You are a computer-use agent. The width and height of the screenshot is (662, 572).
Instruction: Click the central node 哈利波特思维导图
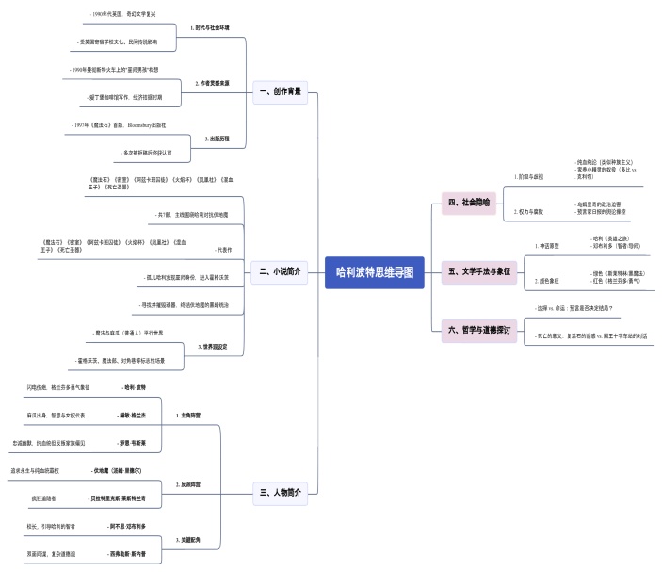(x=375, y=270)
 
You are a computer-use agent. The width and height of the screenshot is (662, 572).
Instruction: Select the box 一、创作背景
(x=281, y=91)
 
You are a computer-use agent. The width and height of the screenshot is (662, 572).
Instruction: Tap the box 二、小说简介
(x=281, y=272)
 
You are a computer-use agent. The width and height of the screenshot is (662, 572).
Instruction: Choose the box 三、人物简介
(x=281, y=491)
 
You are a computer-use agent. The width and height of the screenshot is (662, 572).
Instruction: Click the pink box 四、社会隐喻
(x=469, y=202)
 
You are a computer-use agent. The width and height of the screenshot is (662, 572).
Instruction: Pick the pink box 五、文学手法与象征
(x=480, y=271)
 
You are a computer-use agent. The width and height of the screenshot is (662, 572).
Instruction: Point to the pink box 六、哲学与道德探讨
(x=481, y=330)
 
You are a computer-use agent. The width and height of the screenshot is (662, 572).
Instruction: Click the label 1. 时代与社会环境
(x=211, y=28)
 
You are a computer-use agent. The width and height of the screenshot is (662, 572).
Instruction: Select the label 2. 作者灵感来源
(x=212, y=83)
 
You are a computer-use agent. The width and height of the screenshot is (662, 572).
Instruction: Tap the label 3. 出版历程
(x=218, y=139)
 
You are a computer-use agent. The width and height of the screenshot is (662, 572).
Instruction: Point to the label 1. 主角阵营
(x=188, y=415)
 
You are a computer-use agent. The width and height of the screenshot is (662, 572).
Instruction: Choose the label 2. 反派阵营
(x=188, y=483)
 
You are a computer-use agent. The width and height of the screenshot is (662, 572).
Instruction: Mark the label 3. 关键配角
(x=188, y=539)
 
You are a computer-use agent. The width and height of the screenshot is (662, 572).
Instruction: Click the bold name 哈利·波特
(x=135, y=387)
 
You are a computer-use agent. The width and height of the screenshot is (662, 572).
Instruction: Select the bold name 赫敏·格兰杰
(x=131, y=415)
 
